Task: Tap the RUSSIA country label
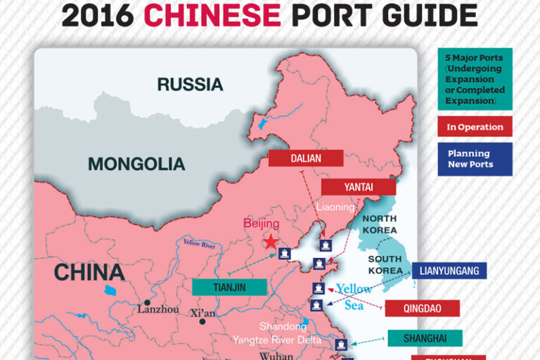190,85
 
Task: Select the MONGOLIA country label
136,165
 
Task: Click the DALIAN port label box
305,158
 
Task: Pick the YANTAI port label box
359,187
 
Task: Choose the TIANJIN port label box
229,287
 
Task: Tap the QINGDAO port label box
422,308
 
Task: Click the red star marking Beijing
270,242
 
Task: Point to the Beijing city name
262,224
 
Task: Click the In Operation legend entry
475,127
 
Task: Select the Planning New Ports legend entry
475,159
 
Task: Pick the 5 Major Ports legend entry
475,78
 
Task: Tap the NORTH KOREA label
380,224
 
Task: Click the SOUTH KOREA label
385,264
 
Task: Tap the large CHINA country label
89,272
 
